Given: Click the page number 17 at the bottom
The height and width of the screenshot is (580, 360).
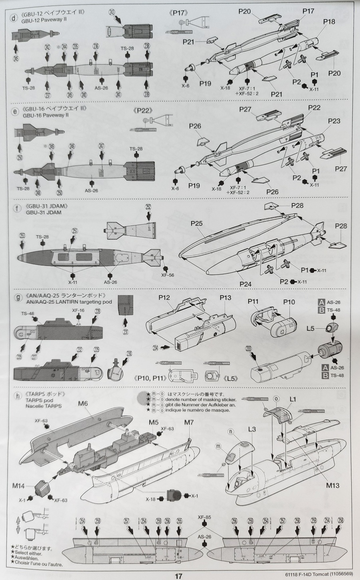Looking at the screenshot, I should click(x=179, y=576).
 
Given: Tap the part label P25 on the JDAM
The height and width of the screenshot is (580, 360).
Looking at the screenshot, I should click(x=196, y=224).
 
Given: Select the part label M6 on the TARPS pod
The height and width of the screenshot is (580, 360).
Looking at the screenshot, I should click(x=83, y=403).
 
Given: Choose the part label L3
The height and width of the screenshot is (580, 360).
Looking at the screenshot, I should click(x=252, y=429).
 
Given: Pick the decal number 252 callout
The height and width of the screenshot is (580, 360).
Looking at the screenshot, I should click(x=148, y=207).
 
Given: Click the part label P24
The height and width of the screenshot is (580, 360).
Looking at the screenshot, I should click(x=246, y=284).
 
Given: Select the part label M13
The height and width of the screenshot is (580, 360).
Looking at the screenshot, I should click(x=332, y=485).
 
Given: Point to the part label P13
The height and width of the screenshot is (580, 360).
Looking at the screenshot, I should click(x=225, y=298).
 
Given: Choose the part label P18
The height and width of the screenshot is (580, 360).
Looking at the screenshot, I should click(x=329, y=22).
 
